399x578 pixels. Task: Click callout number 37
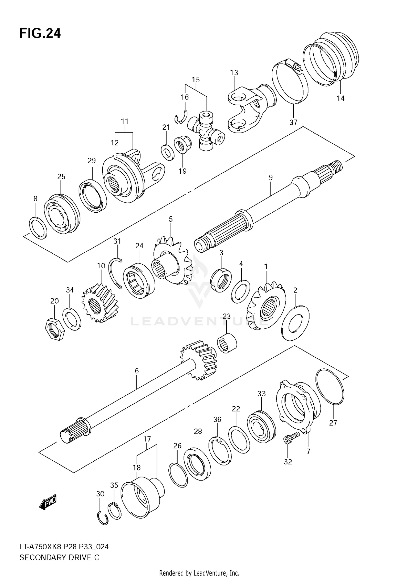coord(293,122)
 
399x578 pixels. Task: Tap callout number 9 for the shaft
coord(271,177)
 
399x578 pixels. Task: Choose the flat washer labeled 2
coord(295,323)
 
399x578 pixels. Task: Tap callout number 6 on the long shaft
coord(137,371)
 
